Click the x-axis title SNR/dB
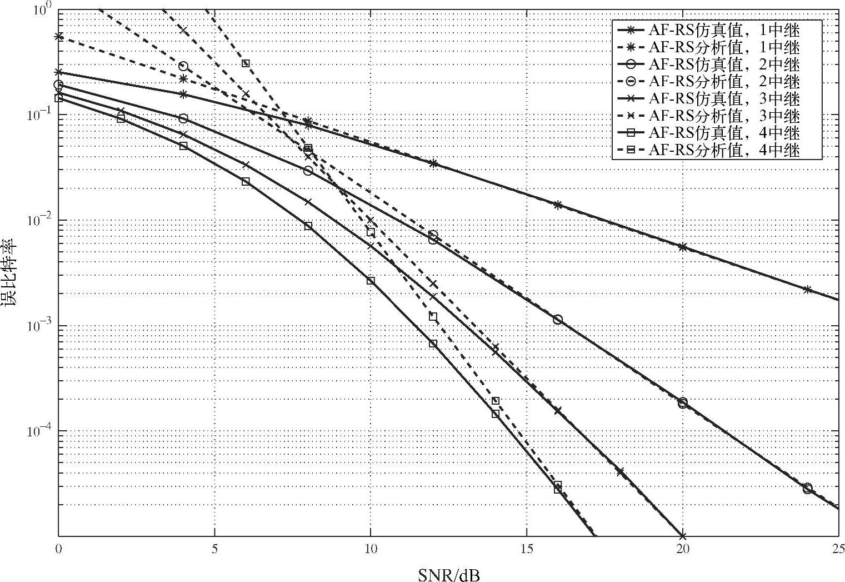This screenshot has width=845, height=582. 448,574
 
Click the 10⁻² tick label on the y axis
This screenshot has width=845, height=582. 40,221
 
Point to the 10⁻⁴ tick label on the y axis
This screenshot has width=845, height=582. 40,431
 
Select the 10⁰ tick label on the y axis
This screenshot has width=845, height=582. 43,10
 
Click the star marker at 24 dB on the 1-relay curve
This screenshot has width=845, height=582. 807,290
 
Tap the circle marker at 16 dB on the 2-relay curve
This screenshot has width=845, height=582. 558,320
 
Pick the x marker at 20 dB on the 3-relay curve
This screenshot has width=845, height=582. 683,536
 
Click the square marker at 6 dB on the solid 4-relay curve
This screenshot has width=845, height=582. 246,182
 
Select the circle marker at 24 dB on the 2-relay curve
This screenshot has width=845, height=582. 807,488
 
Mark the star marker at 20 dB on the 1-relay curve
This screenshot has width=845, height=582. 683,247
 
